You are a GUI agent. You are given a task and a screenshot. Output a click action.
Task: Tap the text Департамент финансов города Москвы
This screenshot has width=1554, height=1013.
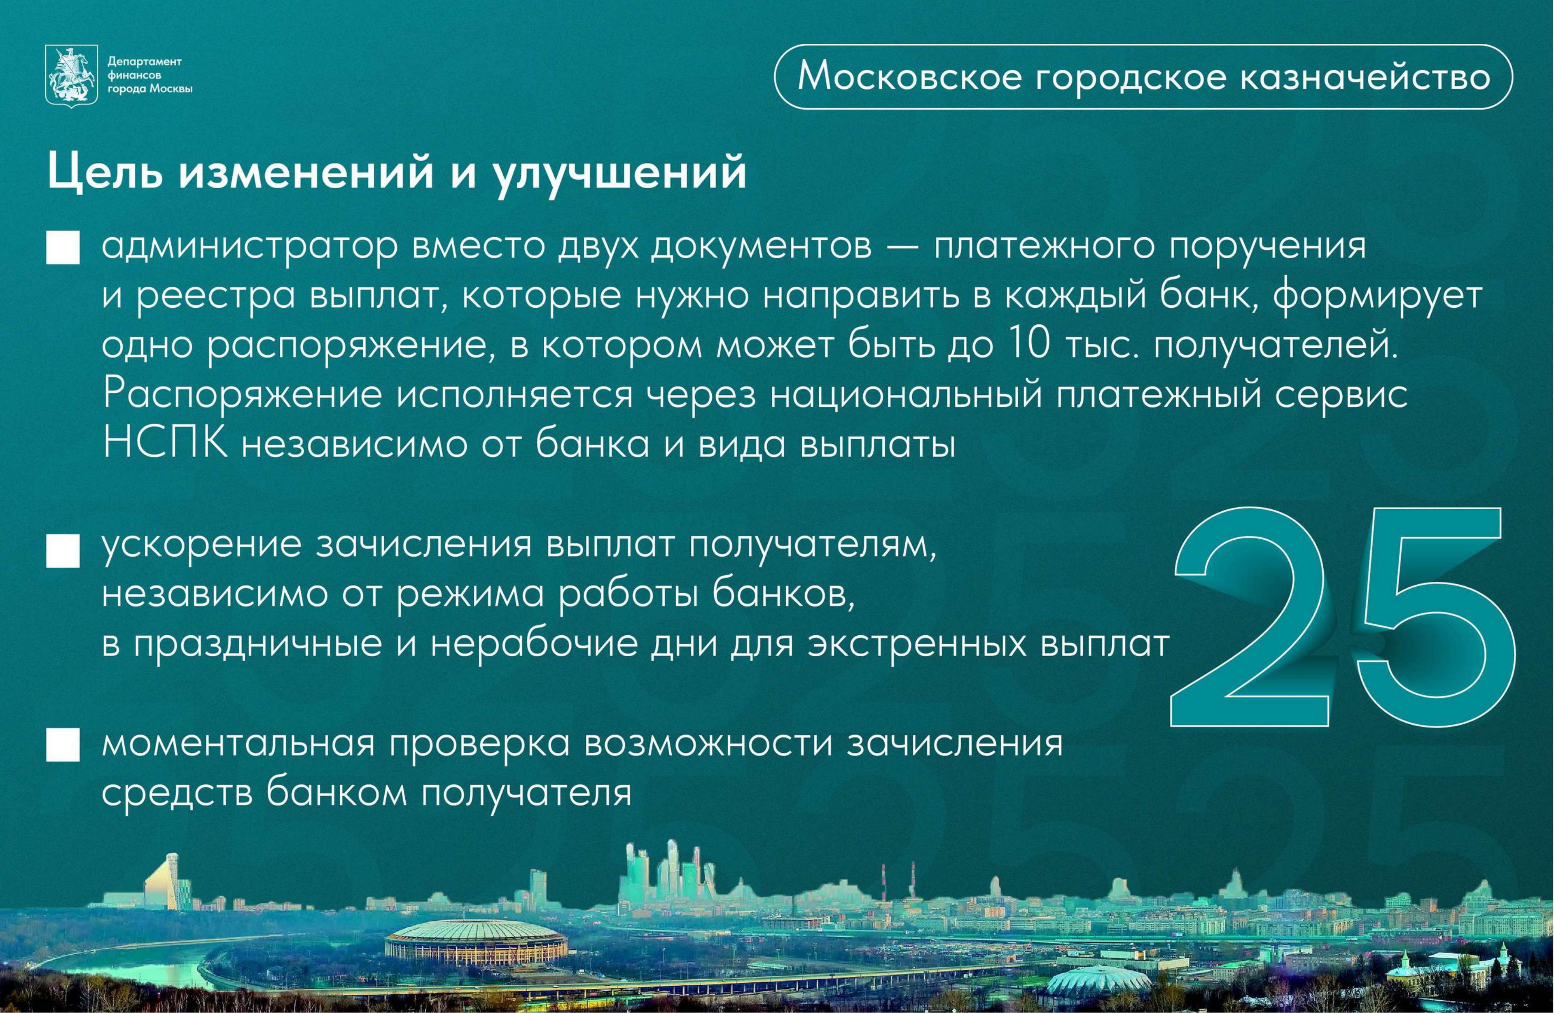149,75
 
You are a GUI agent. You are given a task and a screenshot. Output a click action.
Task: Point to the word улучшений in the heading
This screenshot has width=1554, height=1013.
619,174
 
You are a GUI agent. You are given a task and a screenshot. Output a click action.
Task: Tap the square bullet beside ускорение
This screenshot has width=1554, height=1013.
63,550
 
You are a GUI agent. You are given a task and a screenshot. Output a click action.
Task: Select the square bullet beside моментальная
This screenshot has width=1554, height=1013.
63,745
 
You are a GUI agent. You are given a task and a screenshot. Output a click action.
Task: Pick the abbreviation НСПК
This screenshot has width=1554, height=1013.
165,444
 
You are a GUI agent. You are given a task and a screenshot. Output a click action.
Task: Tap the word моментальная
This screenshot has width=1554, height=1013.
238,743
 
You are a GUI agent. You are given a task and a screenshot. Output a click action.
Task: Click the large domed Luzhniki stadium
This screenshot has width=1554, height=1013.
476,941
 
